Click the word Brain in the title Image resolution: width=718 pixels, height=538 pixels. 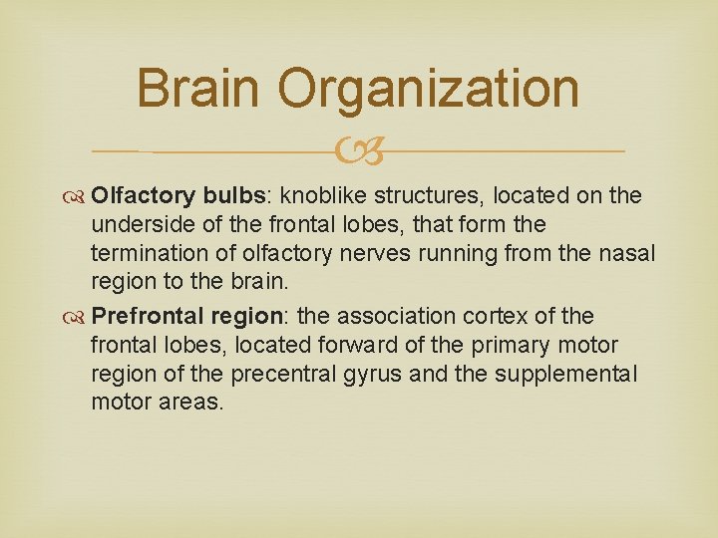pyautogui.click(x=199, y=88)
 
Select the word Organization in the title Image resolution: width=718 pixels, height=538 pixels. pyautogui.click(x=429, y=88)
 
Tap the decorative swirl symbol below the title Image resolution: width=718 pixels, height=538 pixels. pyautogui.click(x=358, y=151)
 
